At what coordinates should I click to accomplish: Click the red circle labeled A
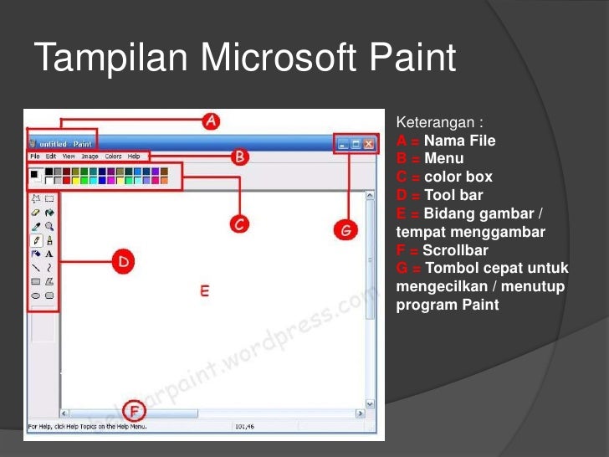click(212, 121)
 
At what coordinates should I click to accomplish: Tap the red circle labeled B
click(240, 157)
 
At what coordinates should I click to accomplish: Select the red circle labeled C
click(239, 223)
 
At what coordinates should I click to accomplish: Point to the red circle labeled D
click(124, 262)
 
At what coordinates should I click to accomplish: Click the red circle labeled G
click(345, 228)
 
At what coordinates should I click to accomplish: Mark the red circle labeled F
click(133, 410)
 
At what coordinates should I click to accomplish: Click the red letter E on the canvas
click(203, 290)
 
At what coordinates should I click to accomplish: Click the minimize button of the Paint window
click(343, 144)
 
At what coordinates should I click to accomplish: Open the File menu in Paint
click(34, 157)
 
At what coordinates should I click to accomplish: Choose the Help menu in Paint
click(134, 157)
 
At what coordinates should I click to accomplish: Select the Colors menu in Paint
click(113, 157)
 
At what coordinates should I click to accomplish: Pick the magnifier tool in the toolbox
click(49, 226)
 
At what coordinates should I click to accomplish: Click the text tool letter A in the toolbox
click(49, 253)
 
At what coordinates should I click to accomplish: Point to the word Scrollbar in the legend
click(455, 250)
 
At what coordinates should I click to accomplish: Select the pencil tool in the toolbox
click(36, 239)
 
